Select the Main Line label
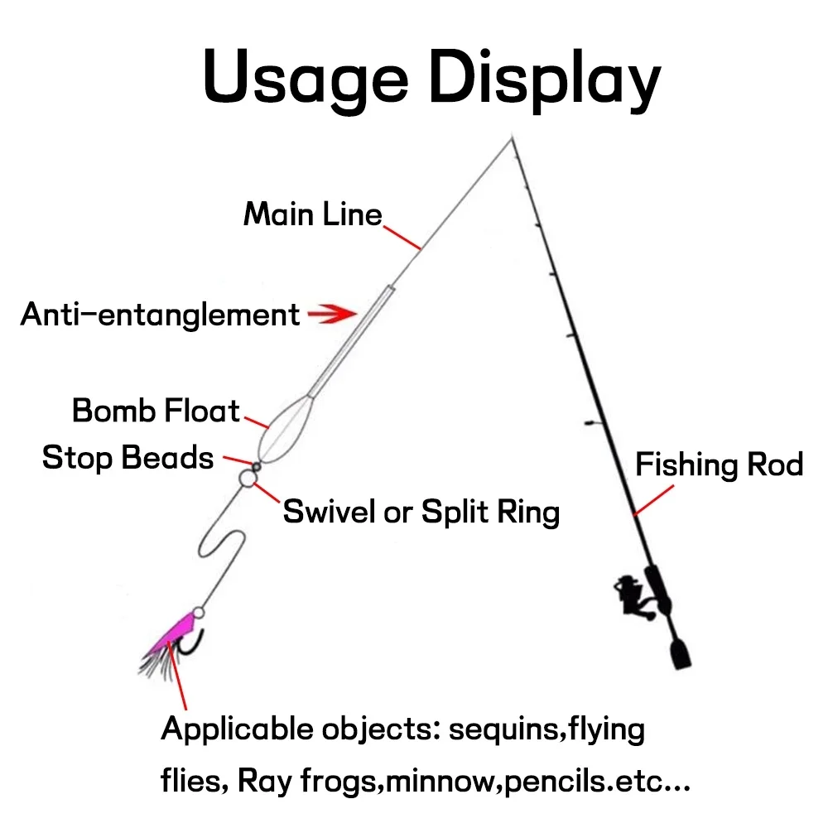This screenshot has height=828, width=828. click(x=313, y=214)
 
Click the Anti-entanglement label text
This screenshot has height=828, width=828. click(x=160, y=315)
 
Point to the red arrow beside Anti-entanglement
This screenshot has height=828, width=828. click(x=331, y=314)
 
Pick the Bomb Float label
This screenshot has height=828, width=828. click(x=156, y=411)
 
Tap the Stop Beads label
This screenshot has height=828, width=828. click(x=128, y=457)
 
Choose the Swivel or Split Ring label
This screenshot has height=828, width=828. click(x=421, y=512)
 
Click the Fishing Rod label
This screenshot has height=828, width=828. click(x=719, y=465)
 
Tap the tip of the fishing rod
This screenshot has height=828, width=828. click(x=512, y=138)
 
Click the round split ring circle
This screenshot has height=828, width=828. click(x=247, y=478)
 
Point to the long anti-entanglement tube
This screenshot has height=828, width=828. click(x=352, y=339)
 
